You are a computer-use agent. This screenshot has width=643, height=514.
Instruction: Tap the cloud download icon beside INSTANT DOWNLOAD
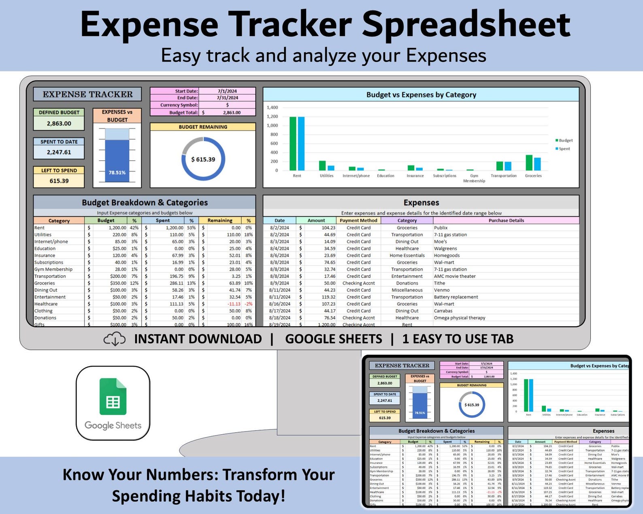(x=115, y=339)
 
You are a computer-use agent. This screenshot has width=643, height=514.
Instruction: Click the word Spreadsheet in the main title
(x=466, y=24)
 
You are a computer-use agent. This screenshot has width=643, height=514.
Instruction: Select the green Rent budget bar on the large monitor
(x=293, y=144)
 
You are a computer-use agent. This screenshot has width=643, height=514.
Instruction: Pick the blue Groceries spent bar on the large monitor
(x=537, y=164)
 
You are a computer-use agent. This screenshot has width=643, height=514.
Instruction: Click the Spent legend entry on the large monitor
(x=564, y=149)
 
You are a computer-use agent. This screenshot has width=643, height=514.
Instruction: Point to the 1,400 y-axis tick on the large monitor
(x=272, y=108)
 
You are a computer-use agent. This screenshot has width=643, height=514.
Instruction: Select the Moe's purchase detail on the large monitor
(x=441, y=242)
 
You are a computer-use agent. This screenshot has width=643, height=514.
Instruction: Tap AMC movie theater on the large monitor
(x=455, y=276)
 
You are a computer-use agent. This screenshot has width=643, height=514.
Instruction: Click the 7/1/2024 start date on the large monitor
(x=227, y=91)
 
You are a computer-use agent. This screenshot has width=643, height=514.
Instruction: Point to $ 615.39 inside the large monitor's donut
(x=203, y=159)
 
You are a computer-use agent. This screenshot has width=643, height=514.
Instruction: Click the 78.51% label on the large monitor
(x=117, y=172)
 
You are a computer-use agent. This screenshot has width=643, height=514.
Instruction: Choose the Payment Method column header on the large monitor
(x=358, y=221)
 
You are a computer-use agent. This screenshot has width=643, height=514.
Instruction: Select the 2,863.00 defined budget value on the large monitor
(x=59, y=123)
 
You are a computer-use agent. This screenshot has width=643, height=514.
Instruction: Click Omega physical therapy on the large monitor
(x=460, y=318)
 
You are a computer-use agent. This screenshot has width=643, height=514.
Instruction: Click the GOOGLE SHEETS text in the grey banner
(x=333, y=339)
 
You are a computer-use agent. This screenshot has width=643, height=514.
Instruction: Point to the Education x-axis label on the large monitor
(x=385, y=176)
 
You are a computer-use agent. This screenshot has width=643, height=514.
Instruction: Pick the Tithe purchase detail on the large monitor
(x=439, y=283)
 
